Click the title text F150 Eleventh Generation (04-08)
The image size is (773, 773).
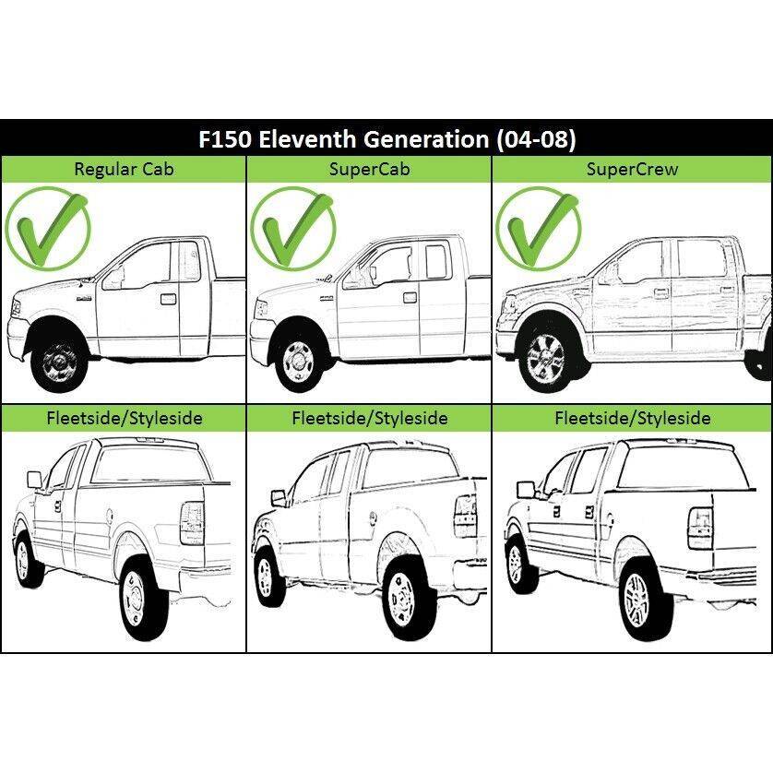[386, 140]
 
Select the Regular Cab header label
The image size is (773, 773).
[124, 169]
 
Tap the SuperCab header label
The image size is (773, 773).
[369, 169]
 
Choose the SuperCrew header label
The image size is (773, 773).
[633, 169]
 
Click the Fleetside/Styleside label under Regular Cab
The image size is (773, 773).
[124, 418]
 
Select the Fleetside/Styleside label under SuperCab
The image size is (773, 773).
[369, 418]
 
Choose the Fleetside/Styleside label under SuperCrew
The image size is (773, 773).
[633, 418]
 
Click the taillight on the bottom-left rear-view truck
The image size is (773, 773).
[192, 524]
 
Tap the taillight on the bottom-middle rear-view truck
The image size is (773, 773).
[465, 516]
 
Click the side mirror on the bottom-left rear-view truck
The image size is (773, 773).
[35, 479]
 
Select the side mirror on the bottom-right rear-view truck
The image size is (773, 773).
[526, 489]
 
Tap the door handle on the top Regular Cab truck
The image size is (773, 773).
[168, 299]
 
